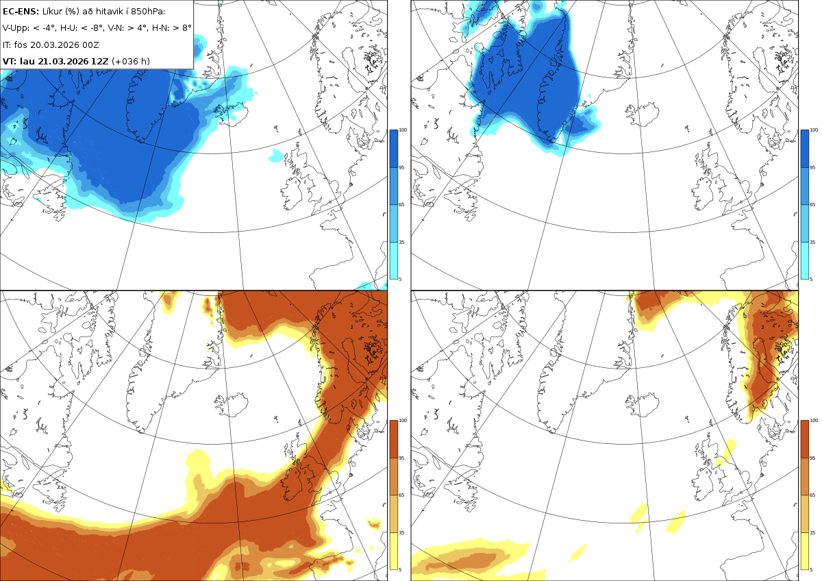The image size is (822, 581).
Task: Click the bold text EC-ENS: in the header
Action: tap(21, 12)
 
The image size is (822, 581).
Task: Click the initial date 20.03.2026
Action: tap(54, 45)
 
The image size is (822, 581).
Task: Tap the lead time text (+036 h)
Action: tap(131, 61)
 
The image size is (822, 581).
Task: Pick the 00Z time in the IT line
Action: tap(90, 45)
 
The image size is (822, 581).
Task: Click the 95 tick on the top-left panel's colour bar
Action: tap(401, 168)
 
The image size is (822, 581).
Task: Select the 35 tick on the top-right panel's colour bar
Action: tap(812, 243)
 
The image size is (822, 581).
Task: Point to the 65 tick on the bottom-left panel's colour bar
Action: tap(401, 495)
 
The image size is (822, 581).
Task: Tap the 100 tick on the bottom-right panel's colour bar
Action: tap(814, 421)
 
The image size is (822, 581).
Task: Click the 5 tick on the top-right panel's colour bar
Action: tap(811, 280)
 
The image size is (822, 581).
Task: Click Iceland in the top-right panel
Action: tap(643, 114)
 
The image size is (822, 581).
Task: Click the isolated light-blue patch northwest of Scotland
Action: tap(276, 156)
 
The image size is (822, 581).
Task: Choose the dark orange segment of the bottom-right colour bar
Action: tap(804, 439)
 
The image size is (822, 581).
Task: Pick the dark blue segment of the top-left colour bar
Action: tap(393, 149)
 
